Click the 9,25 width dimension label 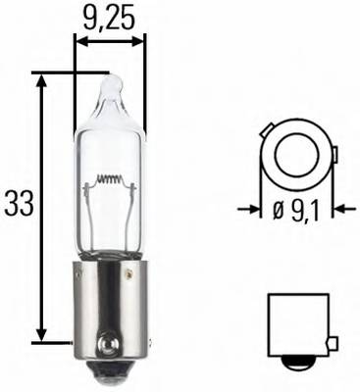tap(110, 17)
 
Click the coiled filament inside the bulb tap(110, 180)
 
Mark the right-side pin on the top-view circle tap(333, 155)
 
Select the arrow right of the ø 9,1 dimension tap(342, 209)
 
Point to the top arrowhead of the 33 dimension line tap(41, 78)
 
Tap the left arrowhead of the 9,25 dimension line tap(81, 42)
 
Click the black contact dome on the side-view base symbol tap(299, 362)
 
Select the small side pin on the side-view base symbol tap(334, 343)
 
